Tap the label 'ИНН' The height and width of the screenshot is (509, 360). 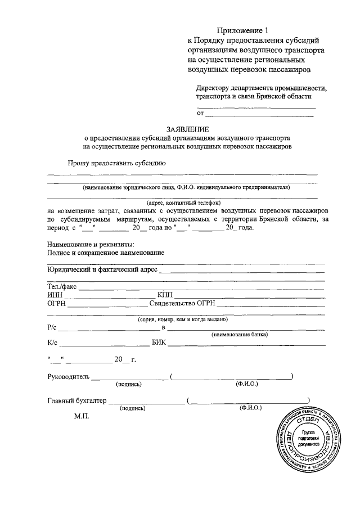click(x=55, y=295)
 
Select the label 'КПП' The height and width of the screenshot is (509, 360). click(x=166, y=295)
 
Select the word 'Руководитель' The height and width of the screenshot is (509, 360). click(x=68, y=376)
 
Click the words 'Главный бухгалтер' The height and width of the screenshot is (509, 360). click(x=76, y=401)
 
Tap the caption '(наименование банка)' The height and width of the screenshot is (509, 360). click(x=240, y=334)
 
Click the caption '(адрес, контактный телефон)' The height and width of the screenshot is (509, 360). click(x=183, y=202)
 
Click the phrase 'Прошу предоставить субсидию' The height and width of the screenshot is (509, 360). click(x=116, y=164)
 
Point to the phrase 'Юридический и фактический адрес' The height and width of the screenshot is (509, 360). click(x=102, y=270)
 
